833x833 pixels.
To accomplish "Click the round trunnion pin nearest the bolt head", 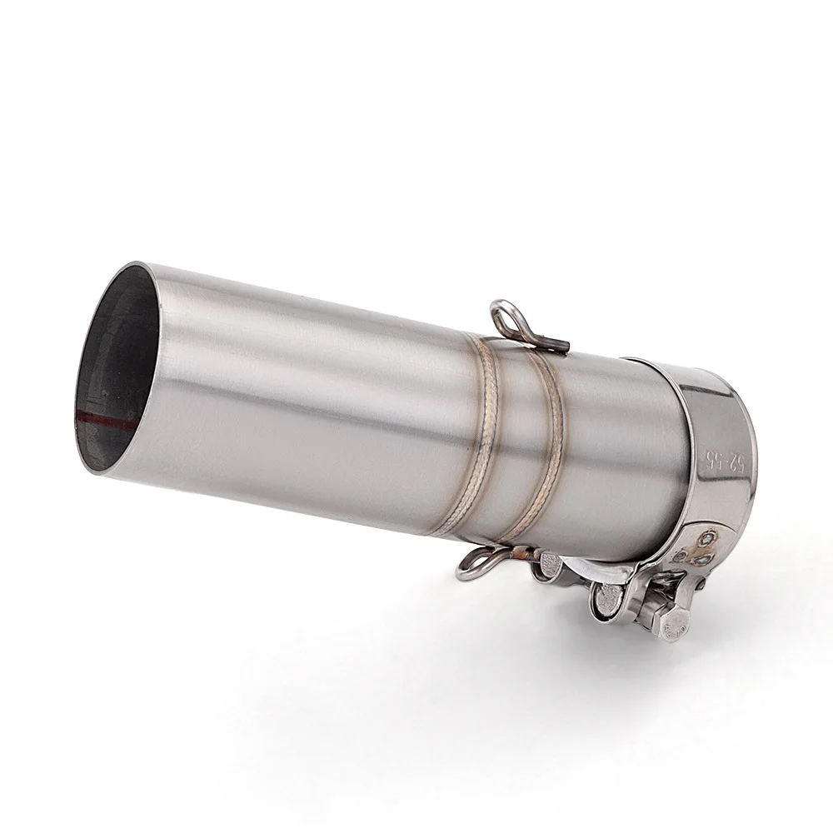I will click(x=607, y=596).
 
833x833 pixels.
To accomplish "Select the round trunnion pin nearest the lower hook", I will click(x=550, y=567).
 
